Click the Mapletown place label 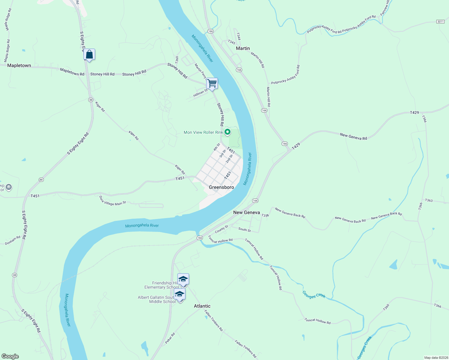19,65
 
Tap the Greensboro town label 221,187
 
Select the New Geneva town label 246,212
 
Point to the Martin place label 243,48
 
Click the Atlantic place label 202,306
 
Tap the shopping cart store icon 212,83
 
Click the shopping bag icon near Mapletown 89,55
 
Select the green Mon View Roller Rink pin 228,132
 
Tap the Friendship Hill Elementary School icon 183,279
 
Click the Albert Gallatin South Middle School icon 179,294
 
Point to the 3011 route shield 440,22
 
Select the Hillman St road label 200,93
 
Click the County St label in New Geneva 221,229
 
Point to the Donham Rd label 13,240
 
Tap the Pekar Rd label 170,338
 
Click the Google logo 10,356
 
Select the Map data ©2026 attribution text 435,358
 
